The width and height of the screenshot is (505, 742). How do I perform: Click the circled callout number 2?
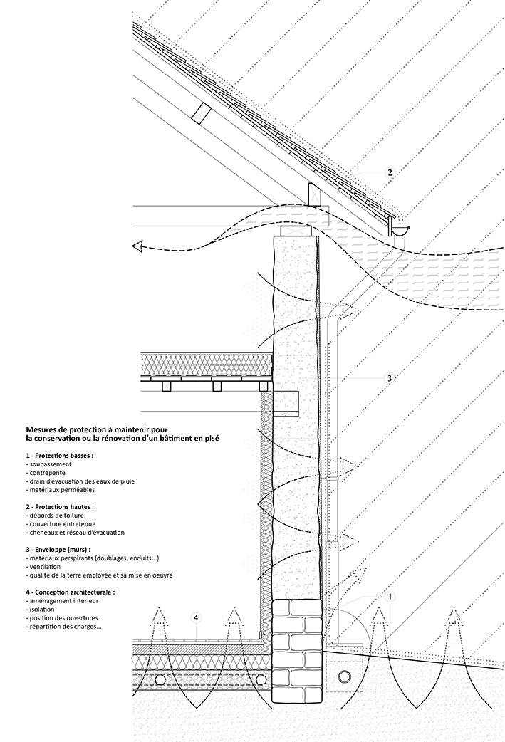[390, 173]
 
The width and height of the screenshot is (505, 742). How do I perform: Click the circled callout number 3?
[390, 378]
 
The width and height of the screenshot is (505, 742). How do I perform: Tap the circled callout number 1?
[390, 597]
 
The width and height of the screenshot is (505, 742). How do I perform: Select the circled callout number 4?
[196, 617]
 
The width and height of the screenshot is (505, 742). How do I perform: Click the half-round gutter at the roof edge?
[400, 231]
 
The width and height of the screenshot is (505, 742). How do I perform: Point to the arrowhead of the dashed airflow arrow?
[137, 246]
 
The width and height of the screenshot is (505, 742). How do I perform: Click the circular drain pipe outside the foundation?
[344, 674]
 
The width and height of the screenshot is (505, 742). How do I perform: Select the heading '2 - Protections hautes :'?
[60, 507]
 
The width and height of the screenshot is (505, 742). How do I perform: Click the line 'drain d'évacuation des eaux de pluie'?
[80, 481]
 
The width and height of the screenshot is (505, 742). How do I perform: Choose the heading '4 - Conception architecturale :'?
[71, 592]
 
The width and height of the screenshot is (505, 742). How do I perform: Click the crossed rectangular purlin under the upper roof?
[201, 113]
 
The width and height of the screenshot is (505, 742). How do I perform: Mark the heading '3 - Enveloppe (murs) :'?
[58, 550]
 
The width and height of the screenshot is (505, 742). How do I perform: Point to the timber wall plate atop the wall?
[296, 231]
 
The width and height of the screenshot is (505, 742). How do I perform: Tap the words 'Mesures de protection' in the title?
[60, 429]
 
